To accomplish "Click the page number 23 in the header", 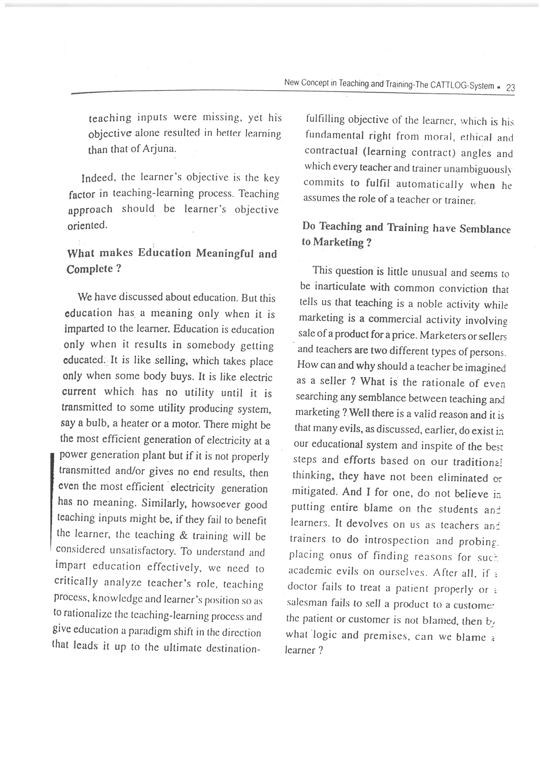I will pos(510,88).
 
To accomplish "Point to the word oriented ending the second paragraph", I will pos(87,225).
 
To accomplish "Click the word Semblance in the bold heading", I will pos(485,229).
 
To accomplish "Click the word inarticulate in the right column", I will pos(340,287).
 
